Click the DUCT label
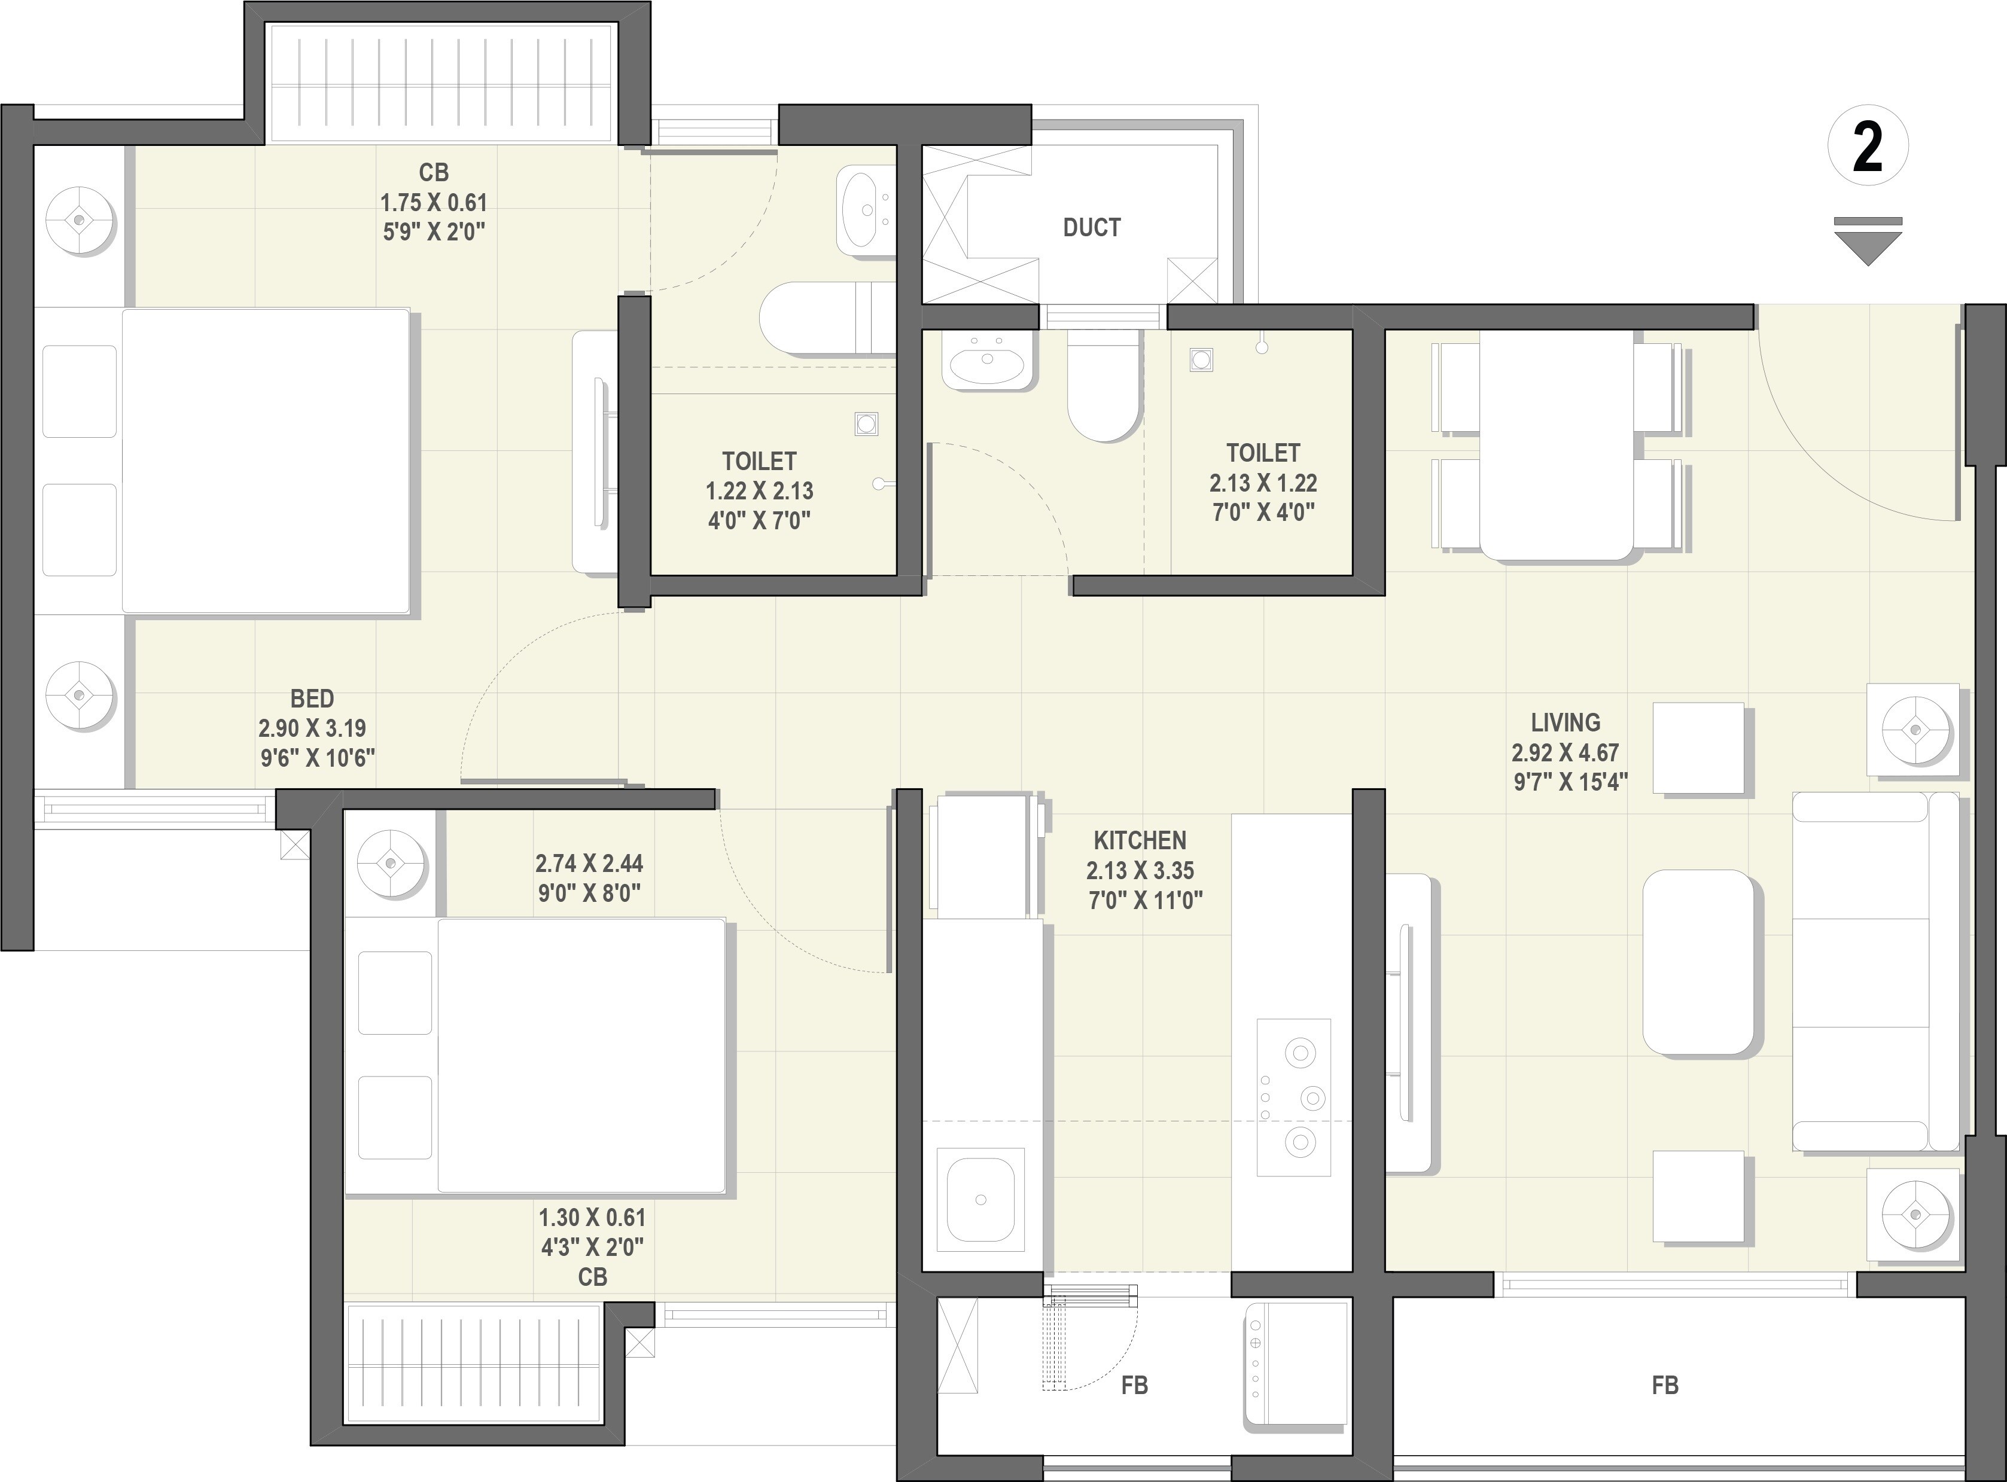click(1091, 228)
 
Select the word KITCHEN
click(1140, 841)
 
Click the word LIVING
click(1565, 722)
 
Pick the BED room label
click(312, 698)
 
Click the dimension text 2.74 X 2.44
click(589, 863)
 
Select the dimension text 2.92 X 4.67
click(1565, 752)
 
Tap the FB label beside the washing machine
click(1134, 1385)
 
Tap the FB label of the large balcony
click(1664, 1385)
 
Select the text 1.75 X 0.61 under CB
click(433, 202)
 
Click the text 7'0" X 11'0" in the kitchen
click(1145, 899)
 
